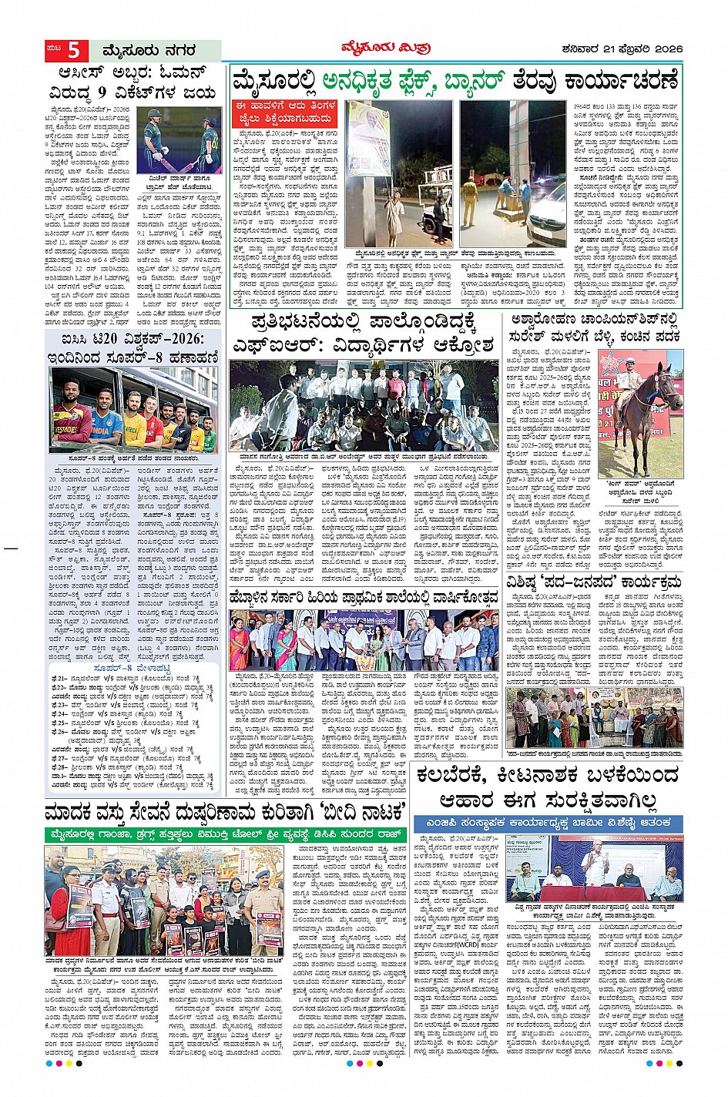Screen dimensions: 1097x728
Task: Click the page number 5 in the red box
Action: tap(73, 50)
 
